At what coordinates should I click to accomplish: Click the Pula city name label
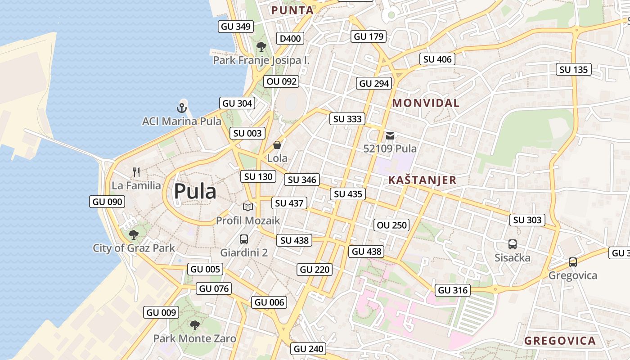[x=195, y=192]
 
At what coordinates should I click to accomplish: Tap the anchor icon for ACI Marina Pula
[x=181, y=108]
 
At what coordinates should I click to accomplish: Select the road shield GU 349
[x=236, y=27]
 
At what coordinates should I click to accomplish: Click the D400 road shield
[x=290, y=39]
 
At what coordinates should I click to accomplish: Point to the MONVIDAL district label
[x=426, y=103]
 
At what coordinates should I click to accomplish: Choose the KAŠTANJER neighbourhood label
[x=422, y=180]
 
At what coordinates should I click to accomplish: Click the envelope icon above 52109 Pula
[x=390, y=135]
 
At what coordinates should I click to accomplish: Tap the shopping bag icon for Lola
[x=277, y=145]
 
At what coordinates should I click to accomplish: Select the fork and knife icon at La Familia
[x=136, y=172]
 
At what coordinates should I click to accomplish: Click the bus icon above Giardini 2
[x=244, y=239]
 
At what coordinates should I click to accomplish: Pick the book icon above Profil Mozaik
[x=248, y=207]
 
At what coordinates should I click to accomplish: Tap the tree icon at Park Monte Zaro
[x=194, y=325]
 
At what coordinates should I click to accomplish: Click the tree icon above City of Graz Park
[x=134, y=234]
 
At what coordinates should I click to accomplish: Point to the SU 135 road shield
[x=574, y=70]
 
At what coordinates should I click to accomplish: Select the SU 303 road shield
[x=527, y=220]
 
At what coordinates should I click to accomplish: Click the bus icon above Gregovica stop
[x=572, y=262]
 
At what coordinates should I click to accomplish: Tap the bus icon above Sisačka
[x=513, y=244]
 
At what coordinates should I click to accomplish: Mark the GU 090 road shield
[x=108, y=202]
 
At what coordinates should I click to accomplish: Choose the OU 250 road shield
[x=391, y=225]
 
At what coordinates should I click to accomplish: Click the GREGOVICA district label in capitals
[x=560, y=341]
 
